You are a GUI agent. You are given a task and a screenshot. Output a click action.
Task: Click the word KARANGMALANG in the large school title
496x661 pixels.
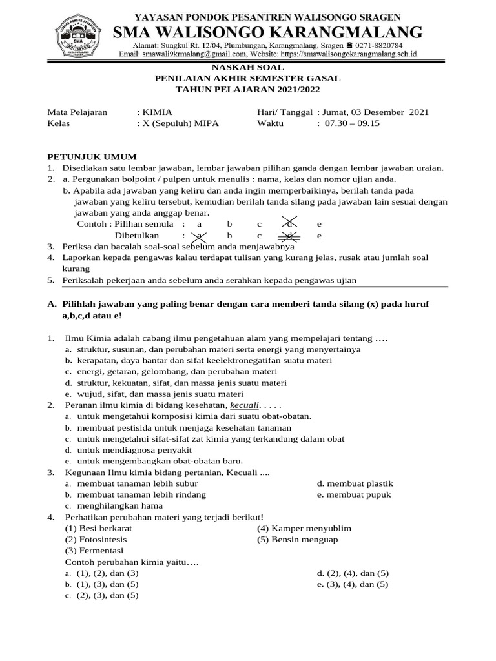point(349,32)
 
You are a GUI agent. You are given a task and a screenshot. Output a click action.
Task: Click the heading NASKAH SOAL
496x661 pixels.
point(247,67)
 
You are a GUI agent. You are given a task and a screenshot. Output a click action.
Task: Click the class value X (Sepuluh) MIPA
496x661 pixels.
point(181,123)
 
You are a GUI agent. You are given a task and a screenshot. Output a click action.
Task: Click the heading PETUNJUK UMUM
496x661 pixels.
point(92,157)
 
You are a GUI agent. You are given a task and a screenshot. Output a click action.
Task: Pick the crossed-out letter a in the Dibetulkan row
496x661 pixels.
point(200,236)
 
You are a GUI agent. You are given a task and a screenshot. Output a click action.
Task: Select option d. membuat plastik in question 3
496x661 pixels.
point(355,483)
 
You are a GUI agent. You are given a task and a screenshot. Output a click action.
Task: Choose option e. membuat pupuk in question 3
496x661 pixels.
point(354,494)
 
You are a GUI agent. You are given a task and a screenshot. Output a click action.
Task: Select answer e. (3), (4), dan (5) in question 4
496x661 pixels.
point(353,584)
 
